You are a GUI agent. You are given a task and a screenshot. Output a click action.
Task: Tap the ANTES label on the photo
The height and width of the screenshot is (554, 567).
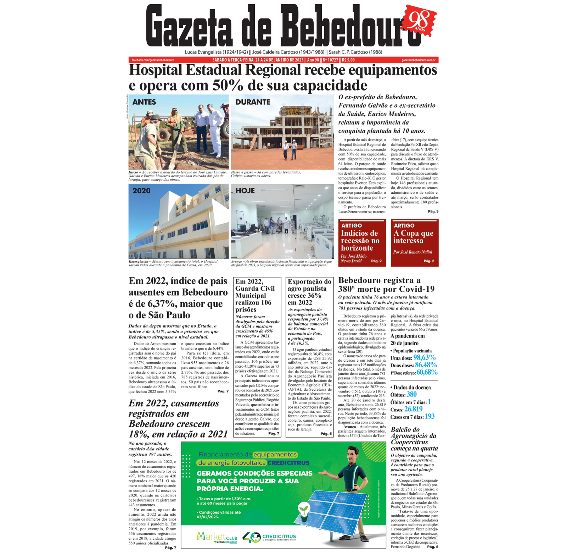tap(144, 102)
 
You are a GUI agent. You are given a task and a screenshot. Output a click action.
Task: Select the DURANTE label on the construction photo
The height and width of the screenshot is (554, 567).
tap(253, 102)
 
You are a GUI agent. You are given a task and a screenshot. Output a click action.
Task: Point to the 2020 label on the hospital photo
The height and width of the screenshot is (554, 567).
tap(141, 191)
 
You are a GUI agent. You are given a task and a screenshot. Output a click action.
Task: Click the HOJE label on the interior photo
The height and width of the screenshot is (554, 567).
tap(245, 191)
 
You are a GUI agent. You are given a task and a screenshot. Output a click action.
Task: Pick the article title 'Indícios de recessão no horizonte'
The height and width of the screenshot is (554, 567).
tap(360, 241)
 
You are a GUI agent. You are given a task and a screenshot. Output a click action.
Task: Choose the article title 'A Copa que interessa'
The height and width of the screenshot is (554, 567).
tap(413, 237)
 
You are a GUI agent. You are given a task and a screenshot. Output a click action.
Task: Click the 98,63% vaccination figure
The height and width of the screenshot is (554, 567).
tap(425, 358)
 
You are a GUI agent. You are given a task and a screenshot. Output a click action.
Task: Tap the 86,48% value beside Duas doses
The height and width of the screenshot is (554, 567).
tap(426, 365)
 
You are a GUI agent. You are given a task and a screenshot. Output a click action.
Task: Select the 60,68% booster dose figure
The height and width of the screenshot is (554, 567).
tap(427, 372)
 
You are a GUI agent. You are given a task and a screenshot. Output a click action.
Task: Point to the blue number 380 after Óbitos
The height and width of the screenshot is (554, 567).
tap(411, 394)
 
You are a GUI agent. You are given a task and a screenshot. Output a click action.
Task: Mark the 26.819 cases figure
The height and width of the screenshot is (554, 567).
tap(414, 409)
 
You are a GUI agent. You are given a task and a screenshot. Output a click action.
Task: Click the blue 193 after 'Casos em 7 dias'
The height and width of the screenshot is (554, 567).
tap(430, 417)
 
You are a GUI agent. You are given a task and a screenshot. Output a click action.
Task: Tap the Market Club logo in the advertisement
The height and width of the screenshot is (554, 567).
tap(217, 537)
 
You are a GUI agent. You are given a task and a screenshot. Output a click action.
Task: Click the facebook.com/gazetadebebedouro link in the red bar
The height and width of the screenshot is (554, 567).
tap(153, 60)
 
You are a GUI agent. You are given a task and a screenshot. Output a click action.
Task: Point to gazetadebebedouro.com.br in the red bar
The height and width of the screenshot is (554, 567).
tap(419, 60)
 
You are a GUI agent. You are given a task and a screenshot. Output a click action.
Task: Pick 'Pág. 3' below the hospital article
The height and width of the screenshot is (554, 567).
tap(433, 212)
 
